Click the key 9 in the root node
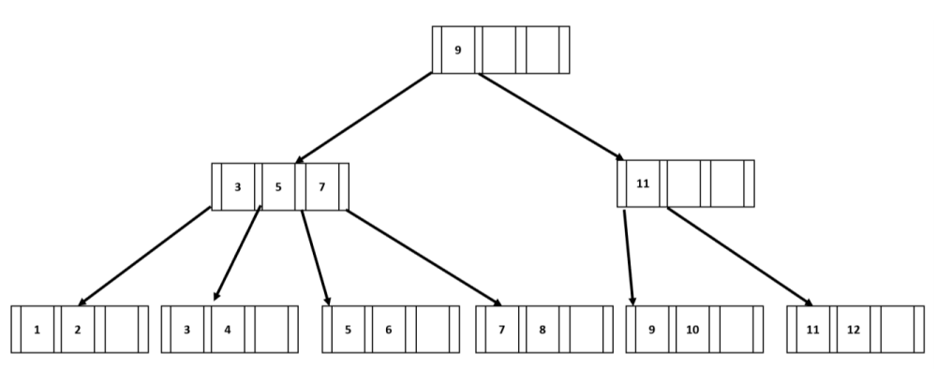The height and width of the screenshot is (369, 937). tap(457, 50)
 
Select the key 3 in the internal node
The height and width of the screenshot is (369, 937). tap(238, 186)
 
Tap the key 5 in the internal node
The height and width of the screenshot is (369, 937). tap(278, 186)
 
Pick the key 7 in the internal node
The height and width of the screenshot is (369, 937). tap(321, 186)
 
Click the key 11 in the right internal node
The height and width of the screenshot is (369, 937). tap(643, 184)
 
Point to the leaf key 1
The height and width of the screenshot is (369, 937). tap(37, 329)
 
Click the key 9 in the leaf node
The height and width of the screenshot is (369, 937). tap(651, 329)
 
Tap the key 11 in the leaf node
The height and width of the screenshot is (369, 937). tap(811, 329)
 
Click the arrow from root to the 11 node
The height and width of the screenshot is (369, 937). tap(553, 116)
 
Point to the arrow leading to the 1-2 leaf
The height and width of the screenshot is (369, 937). tap(145, 256)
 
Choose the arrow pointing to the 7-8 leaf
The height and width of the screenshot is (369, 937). tap(424, 256)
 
